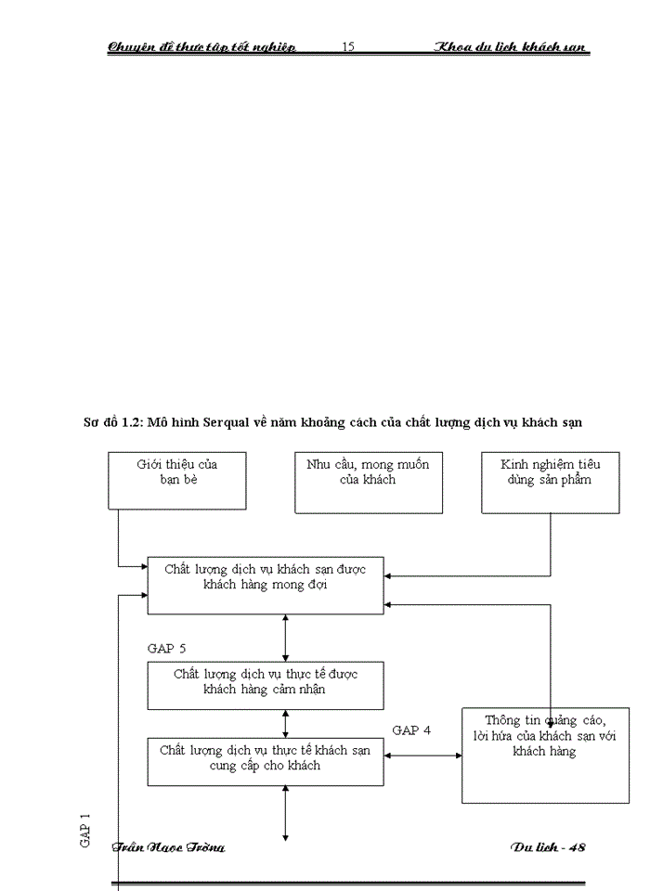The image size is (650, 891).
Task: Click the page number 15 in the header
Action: point(348,46)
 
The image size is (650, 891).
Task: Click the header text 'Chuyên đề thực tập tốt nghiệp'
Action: point(201,47)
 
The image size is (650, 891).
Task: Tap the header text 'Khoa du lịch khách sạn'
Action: point(513,47)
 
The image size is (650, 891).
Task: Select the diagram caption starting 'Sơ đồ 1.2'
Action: point(332,422)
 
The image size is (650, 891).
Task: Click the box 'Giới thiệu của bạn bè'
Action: point(177,481)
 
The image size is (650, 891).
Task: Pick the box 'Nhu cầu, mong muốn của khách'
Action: point(368,483)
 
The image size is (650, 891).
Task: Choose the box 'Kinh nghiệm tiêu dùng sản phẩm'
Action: point(550,483)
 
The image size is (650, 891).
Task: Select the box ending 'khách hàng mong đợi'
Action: point(266,586)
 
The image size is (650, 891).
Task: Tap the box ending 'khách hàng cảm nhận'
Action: point(266,685)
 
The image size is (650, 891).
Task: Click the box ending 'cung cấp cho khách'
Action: point(266,761)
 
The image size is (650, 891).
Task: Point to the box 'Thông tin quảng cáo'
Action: point(545,755)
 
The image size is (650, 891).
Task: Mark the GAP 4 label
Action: point(411,730)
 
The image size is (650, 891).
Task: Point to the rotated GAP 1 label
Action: point(85,829)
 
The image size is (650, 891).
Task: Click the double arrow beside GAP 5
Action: point(286,638)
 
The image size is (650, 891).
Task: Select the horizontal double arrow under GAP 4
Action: point(422,755)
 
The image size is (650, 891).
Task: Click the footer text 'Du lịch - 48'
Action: point(548,847)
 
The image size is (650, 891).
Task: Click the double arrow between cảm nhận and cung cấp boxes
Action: point(286,724)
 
